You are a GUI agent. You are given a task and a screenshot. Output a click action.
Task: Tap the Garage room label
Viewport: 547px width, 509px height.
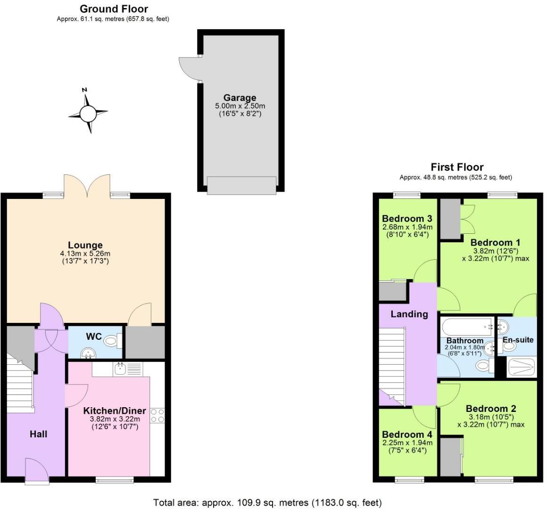[x=240, y=98]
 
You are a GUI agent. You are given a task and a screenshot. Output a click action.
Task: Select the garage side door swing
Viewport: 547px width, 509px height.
[x=190, y=68]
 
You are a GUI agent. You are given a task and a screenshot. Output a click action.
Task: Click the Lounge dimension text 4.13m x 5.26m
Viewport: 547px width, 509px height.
[x=85, y=254]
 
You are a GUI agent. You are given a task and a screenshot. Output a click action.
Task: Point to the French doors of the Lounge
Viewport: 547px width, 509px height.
[x=87, y=185]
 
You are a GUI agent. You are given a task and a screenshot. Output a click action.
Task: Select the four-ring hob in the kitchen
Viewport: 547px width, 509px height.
[x=158, y=415]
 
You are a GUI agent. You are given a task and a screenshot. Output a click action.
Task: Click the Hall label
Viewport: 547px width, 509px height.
[x=38, y=434]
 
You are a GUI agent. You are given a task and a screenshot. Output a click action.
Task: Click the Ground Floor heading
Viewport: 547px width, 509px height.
[x=114, y=9]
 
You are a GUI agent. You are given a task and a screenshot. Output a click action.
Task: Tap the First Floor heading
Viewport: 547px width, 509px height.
[x=456, y=167]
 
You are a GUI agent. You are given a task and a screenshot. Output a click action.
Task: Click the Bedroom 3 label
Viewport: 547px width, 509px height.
[x=407, y=219]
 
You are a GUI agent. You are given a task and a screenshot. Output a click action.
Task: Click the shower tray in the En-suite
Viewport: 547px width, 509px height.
[x=521, y=367]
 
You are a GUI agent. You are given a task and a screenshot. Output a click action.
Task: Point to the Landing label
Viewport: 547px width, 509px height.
[x=409, y=314]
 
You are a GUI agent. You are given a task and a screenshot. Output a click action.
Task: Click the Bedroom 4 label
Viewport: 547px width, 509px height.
[x=407, y=434]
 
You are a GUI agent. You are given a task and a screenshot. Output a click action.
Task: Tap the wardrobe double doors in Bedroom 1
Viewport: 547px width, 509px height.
[x=468, y=219]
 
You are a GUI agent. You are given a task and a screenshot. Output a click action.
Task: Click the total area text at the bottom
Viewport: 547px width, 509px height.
[x=268, y=502]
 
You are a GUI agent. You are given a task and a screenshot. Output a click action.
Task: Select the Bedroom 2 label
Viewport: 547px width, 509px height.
[x=491, y=409]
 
